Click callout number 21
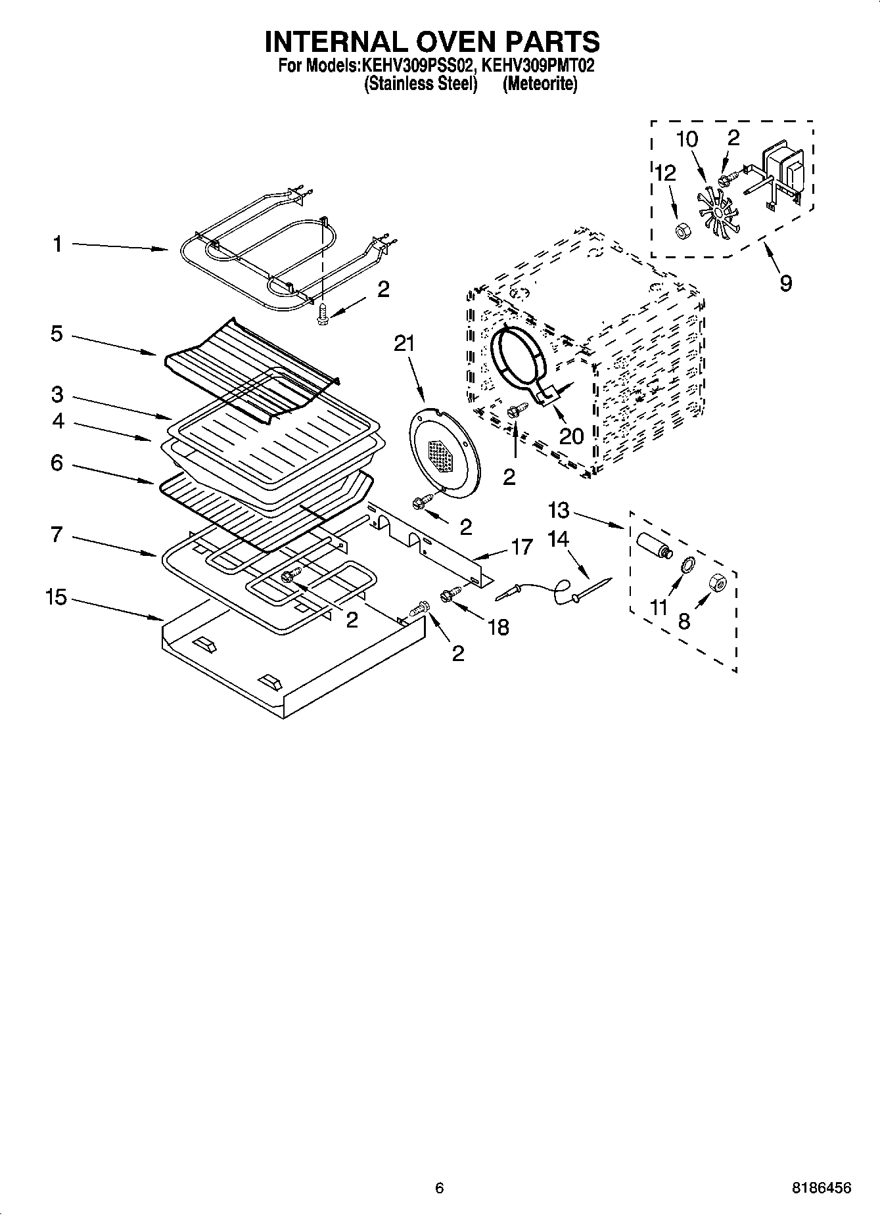(404, 343)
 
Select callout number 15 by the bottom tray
(57, 598)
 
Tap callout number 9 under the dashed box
(785, 283)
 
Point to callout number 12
(665, 173)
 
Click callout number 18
(499, 627)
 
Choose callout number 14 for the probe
(558, 539)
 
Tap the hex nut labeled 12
(682, 231)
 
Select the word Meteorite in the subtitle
(540, 84)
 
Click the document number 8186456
(821, 1187)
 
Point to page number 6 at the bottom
(439, 1187)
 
